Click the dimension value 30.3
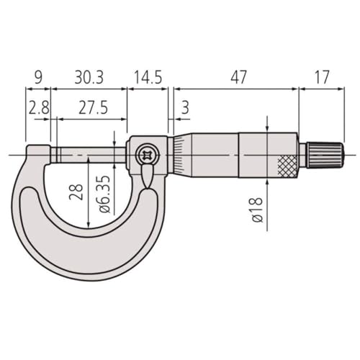click(x=89, y=76)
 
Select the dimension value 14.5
click(x=147, y=76)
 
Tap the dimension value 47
click(x=233, y=76)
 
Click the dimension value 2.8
click(x=38, y=108)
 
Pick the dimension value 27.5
click(x=92, y=108)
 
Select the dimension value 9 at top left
click(x=38, y=76)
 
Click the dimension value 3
click(x=185, y=108)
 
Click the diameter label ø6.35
click(x=104, y=193)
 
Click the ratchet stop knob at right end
click(x=327, y=154)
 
